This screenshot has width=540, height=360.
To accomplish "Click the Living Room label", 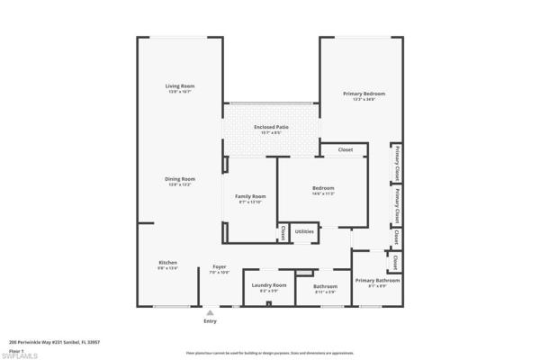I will [179, 86].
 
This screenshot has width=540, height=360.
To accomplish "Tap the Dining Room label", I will [179, 178].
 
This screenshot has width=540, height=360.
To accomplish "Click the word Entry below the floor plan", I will [210, 320].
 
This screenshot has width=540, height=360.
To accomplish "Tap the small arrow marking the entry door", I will [210, 312].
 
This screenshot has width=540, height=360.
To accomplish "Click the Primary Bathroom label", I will [377, 280].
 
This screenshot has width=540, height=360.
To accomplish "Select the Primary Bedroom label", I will [364, 94].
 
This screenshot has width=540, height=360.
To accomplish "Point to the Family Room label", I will [250, 195].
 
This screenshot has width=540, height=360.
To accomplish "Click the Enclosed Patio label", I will [271, 128].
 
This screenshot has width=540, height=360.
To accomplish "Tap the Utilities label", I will [304, 231].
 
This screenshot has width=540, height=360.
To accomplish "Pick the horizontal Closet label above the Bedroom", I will [345, 149].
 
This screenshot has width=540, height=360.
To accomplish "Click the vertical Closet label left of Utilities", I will [283, 232].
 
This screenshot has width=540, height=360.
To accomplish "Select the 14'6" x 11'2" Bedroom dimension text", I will [322, 193].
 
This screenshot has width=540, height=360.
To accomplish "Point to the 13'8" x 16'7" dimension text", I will [179, 92].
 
